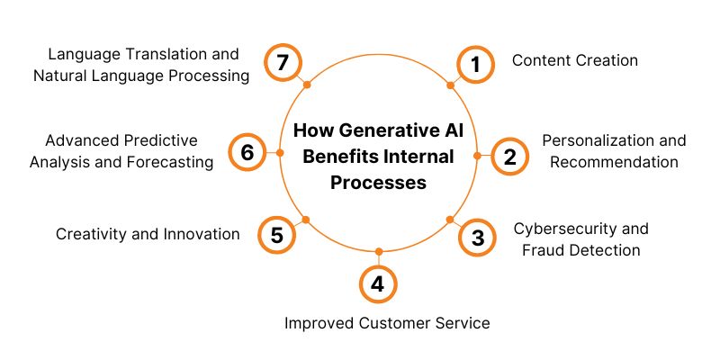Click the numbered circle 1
coord(474,65)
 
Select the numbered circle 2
coord(510,157)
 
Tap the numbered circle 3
coord(477,238)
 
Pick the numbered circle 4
coord(378,284)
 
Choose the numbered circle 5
coord(276,235)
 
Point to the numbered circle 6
coord(247,152)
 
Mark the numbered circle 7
coord(282,63)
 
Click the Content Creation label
coord(575,60)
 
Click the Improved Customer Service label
coord(388,323)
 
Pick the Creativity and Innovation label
coord(148,234)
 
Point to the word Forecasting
coord(170,162)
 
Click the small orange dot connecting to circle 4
coord(378,252)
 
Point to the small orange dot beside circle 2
coord(477,156)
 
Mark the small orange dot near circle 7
coord(307,85)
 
